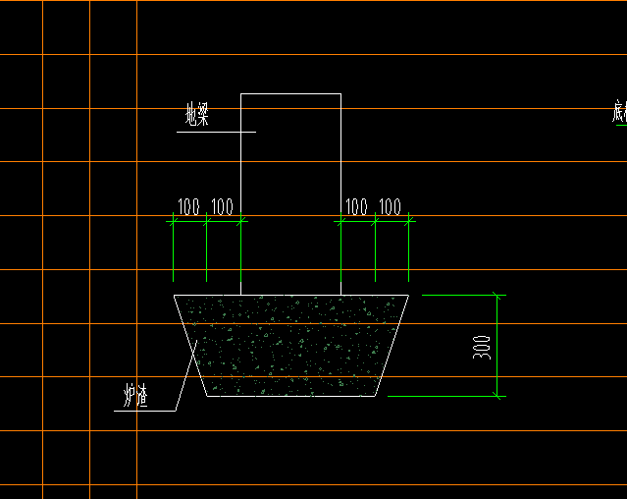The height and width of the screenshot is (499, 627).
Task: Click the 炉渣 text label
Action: [x=134, y=397]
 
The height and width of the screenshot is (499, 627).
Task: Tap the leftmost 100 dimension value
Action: [x=188, y=207]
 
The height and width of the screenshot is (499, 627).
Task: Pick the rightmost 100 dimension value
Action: [x=391, y=207]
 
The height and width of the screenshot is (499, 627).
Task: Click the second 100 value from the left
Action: [x=223, y=207]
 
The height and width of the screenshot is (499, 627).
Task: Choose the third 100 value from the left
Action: [x=357, y=207]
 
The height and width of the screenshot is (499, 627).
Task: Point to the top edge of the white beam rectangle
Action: [x=290, y=94]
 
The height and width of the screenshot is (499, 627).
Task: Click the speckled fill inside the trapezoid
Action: [x=290, y=344]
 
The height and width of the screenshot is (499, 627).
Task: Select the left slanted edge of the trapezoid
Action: [x=190, y=344]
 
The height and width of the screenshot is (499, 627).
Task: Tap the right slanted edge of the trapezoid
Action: [x=392, y=344]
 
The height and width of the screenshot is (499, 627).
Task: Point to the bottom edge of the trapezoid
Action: [x=290, y=397]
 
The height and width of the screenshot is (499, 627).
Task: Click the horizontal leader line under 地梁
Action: [x=216, y=132]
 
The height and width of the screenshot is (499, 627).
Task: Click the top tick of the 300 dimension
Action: [x=497, y=295]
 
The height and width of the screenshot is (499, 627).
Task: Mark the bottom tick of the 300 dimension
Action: [x=497, y=396]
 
